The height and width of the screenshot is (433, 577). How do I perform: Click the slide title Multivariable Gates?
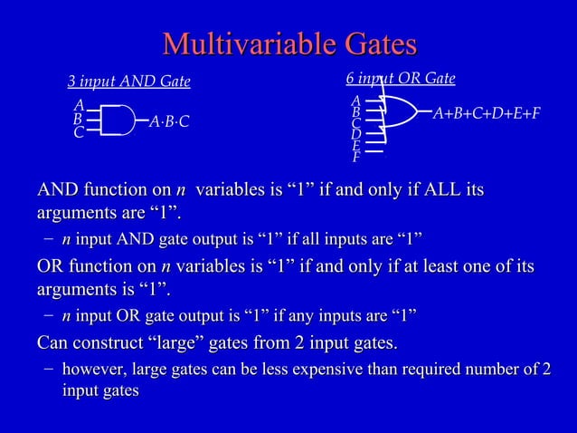288,44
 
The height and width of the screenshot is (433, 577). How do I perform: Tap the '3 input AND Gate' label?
129,82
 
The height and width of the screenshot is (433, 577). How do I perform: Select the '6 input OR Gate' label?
401,79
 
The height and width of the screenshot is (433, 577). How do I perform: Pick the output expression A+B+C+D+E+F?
487,113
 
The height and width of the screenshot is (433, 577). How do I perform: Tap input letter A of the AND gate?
80,106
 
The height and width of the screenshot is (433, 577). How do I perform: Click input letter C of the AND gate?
80,133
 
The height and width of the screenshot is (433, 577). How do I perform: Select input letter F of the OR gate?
356,158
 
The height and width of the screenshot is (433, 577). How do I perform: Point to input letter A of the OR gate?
356,101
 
